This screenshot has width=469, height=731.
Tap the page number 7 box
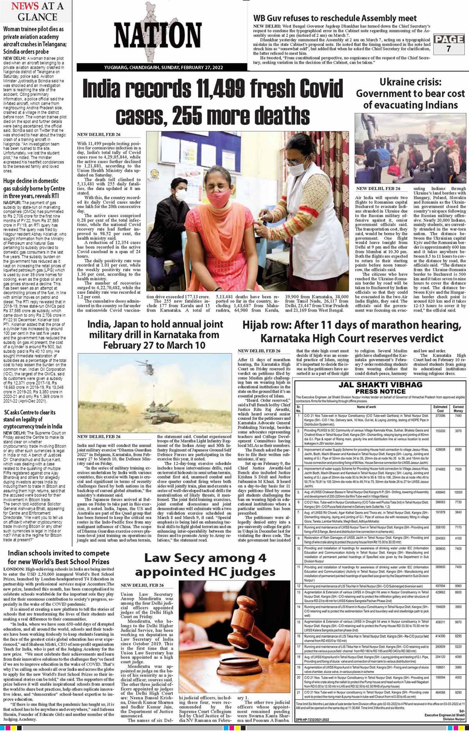[449, 44]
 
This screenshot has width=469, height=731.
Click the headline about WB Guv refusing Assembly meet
[335, 18]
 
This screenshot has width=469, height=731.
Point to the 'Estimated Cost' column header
[440, 408]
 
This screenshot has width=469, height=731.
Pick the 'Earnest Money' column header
[458, 408]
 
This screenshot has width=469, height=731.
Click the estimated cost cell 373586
[440, 416]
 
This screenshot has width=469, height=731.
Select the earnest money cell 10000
[458, 493]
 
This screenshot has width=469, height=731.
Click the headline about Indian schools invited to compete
[59, 558]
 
